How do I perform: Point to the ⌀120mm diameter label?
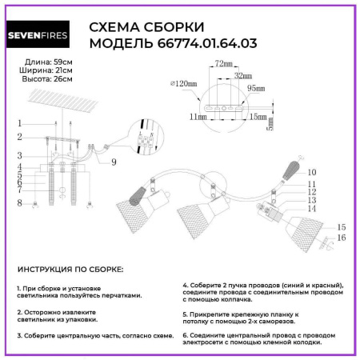[x=185, y=84]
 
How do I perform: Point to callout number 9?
[x=114, y=162]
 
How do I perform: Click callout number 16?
[x=341, y=238]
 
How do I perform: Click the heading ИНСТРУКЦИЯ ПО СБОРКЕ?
[x=70, y=271]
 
